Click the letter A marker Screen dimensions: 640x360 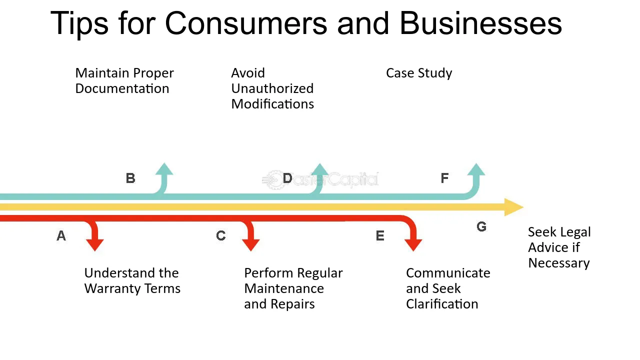[x=61, y=235]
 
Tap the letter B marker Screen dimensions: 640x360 [x=130, y=178]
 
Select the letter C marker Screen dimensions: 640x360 [x=221, y=235]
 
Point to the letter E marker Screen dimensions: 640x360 [x=380, y=235]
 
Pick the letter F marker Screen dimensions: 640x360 [x=444, y=178]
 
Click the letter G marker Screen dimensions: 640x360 [x=481, y=226]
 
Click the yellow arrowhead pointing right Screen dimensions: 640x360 [x=513, y=207]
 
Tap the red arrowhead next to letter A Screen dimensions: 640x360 [x=95, y=245]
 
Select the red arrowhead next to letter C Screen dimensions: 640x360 [x=251, y=245]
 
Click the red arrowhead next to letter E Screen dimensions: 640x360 [x=413, y=245]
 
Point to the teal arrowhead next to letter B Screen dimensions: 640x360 [x=164, y=169]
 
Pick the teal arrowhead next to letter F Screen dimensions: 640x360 [x=476, y=169]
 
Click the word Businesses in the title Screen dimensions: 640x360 [x=481, y=23]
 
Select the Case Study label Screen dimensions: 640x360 [x=419, y=73]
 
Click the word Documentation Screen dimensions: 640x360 [x=122, y=88]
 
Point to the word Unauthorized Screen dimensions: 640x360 [x=272, y=88]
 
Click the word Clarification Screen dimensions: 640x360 [x=442, y=304]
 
